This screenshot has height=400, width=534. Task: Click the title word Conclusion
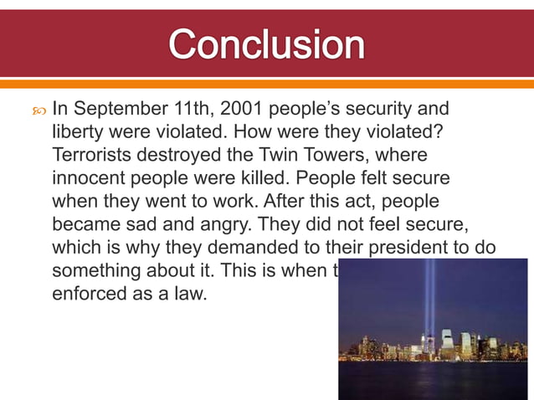click(267, 44)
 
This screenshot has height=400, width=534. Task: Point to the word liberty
click(79, 132)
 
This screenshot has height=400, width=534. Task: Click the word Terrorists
click(93, 156)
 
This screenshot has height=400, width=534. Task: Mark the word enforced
click(87, 295)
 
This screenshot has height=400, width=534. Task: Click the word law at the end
click(192, 295)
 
